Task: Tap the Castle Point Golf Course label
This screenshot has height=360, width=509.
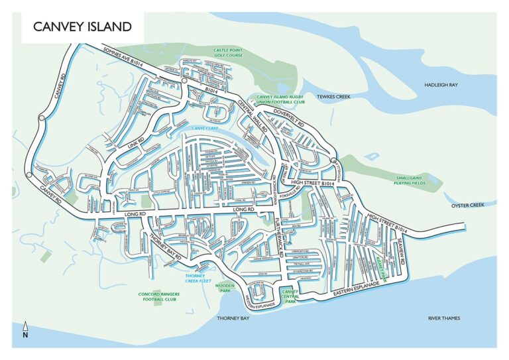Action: (227, 52)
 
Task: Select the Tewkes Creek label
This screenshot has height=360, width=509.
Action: (333, 97)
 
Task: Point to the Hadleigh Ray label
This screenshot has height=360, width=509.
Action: (441, 85)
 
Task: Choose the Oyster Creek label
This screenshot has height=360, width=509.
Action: (468, 206)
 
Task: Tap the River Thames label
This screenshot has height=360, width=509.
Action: (443, 318)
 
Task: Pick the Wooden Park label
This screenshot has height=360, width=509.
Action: (227, 288)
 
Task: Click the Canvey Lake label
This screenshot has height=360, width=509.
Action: (204, 128)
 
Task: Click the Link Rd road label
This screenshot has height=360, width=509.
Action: (137, 144)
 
